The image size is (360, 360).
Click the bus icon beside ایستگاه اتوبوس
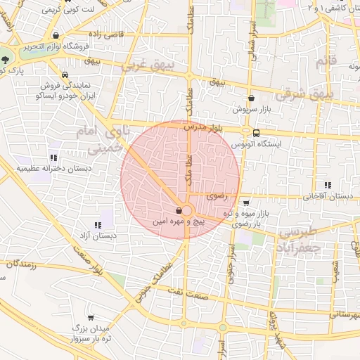255,132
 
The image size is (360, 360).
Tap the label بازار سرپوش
251,110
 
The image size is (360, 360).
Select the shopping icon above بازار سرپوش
251,99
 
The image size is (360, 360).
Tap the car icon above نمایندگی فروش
64,75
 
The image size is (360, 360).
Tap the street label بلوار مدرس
205,127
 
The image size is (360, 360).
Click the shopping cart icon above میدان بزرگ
90,318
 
